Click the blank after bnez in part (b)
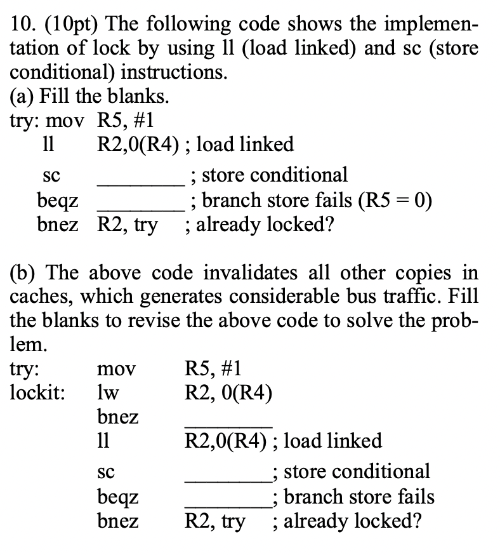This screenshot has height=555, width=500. pos(228,424)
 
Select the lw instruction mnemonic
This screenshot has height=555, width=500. pos(105,394)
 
